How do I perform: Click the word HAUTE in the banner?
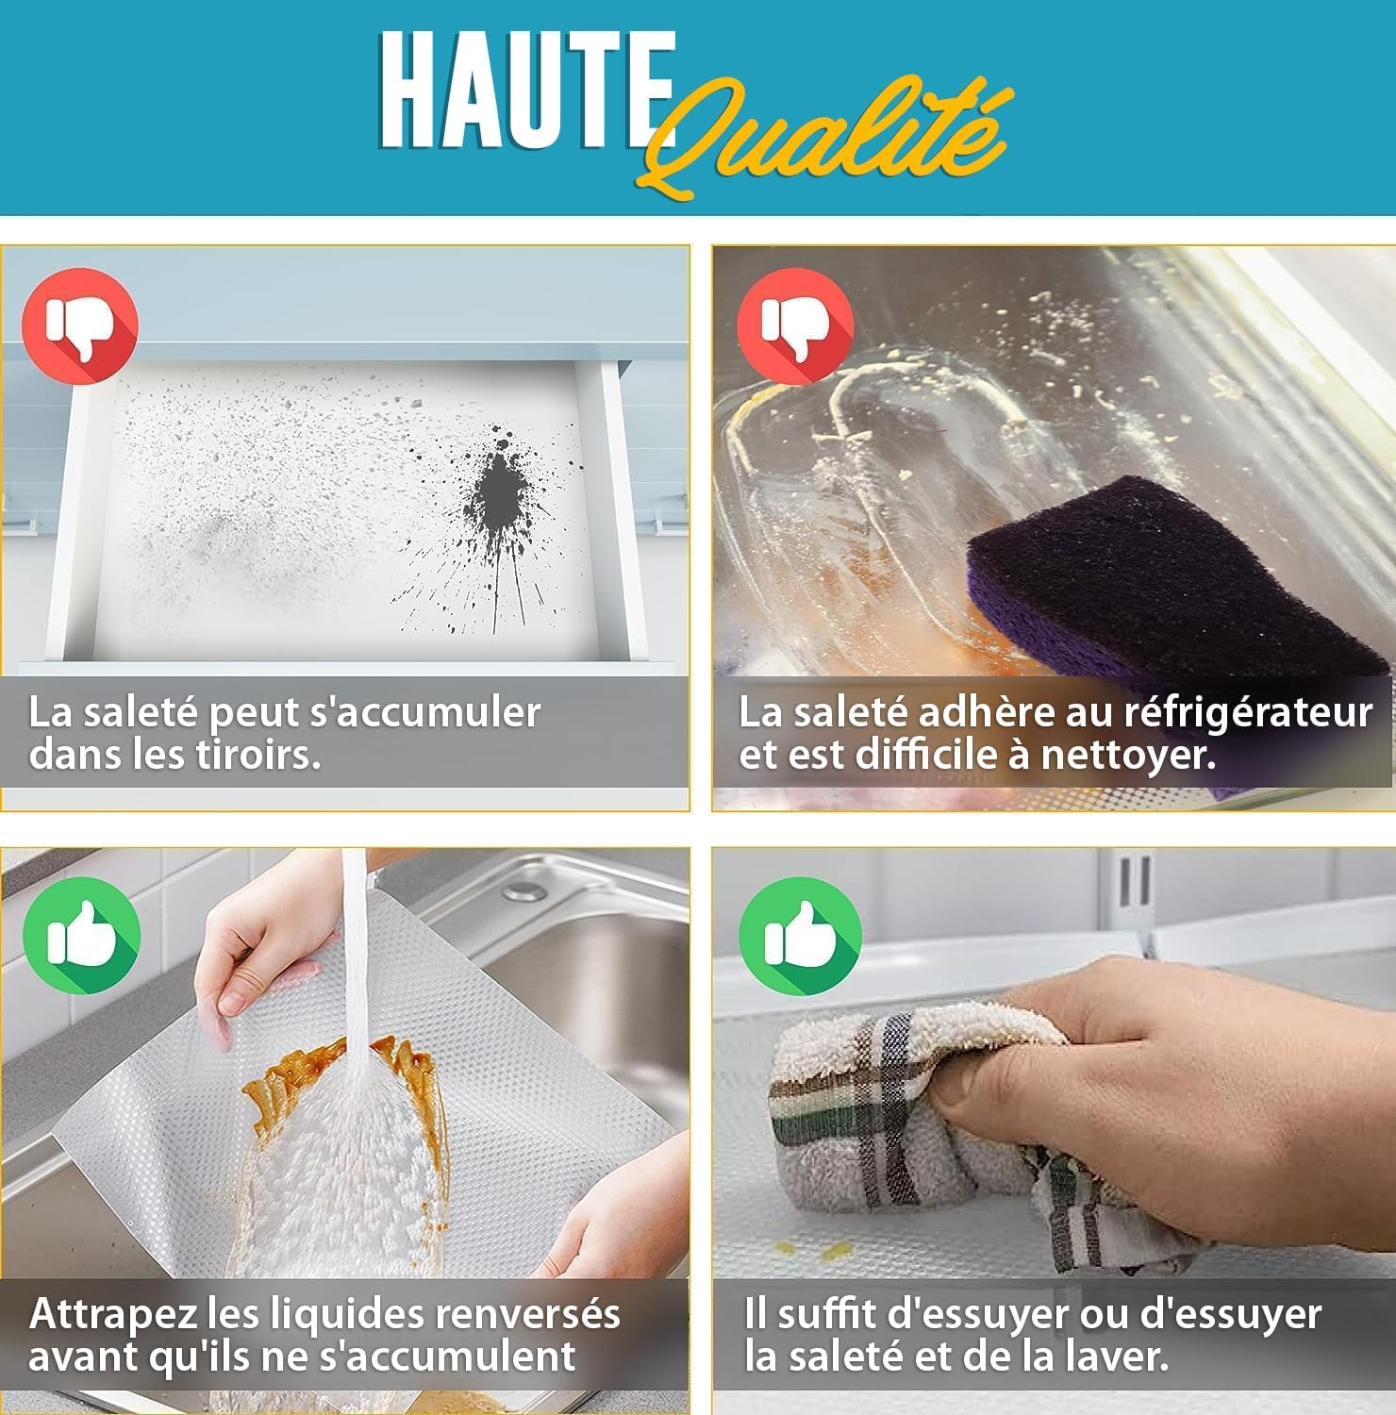(526, 92)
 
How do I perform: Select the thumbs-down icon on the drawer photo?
(80, 325)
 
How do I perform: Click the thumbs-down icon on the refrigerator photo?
(795, 325)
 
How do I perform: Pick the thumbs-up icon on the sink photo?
(82, 935)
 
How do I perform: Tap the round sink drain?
(523, 891)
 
